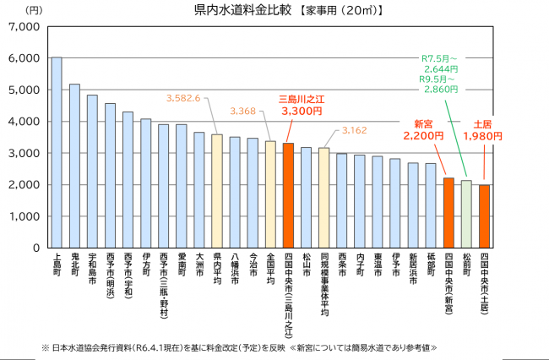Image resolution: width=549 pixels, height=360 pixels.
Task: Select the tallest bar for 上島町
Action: point(57,153)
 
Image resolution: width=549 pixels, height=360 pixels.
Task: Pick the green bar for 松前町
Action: point(466,215)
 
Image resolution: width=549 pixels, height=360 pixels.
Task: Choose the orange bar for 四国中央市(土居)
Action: point(484,217)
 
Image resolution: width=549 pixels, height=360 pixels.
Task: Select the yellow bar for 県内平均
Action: point(216,192)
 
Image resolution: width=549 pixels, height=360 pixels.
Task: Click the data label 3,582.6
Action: point(183,98)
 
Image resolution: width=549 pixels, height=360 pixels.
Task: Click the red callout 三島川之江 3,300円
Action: point(302,105)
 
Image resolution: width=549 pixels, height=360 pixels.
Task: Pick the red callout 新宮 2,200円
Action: point(423,129)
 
